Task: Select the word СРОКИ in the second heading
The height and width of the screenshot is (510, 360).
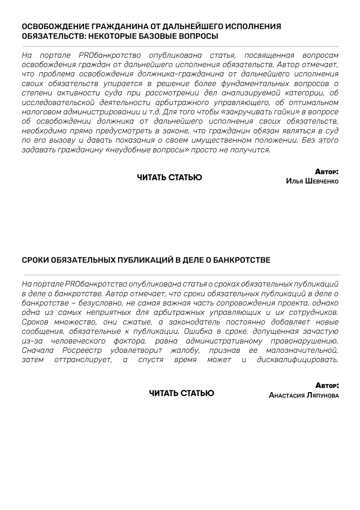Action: click(x=35, y=260)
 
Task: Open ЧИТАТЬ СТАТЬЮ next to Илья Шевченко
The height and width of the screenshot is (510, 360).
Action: click(x=170, y=177)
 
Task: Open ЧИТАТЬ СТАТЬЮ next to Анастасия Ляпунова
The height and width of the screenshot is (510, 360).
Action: click(x=182, y=393)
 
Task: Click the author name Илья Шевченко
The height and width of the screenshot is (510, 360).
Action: click(x=312, y=181)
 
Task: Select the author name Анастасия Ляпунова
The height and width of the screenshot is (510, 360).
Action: click(x=303, y=396)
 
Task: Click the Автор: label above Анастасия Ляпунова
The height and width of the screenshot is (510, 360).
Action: click(x=327, y=386)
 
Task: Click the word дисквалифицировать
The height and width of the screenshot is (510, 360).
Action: click(x=297, y=360)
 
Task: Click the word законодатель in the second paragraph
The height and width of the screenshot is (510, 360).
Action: click(x=197, y=322)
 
